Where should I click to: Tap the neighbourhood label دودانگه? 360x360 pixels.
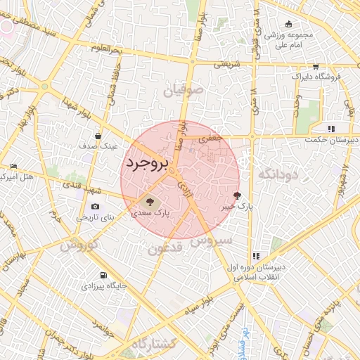click(278, 173)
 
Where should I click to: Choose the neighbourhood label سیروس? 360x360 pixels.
click(210, 241)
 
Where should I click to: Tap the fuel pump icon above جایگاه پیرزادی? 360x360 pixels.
click(103, 275)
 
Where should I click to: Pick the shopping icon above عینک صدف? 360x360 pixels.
click(98, 136)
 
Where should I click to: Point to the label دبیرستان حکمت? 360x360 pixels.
click(332, 140)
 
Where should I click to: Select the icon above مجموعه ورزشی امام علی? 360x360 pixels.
click(290, 23)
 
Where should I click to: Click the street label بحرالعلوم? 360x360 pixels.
click(108, 47)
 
